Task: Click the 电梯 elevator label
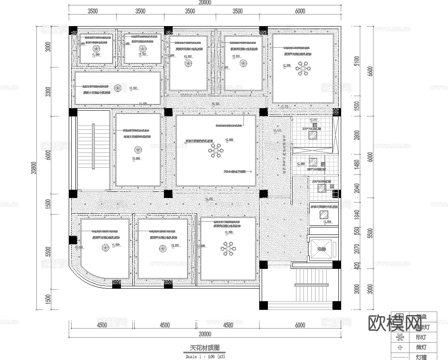(x=321, y=249)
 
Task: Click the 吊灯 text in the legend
(x=421, y=337)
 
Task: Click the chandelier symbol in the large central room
(x=215, y=152)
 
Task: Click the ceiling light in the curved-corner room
(x=105, y=248)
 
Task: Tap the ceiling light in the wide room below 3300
(x=118, y=88)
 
